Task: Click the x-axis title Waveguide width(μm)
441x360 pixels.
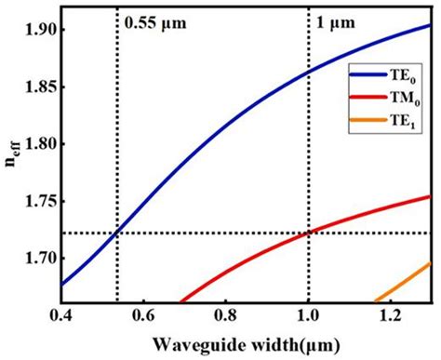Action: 246,343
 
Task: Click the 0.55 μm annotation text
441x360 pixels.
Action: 153,20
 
